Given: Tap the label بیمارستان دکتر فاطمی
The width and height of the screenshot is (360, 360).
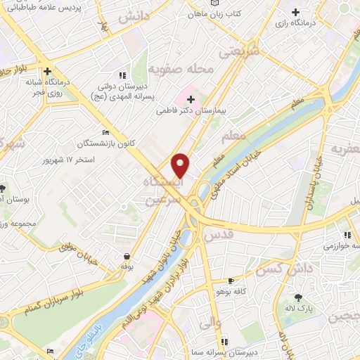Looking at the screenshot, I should tap(199, 111).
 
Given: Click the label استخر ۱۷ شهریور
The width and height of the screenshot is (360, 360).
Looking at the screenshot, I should tap(95, 160).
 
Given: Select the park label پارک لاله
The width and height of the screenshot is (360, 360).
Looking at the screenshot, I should tap(299, 308).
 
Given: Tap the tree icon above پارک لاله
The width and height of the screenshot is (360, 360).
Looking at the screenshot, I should tap(298, 297).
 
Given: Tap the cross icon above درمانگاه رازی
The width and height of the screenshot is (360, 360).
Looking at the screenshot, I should tap(295, 13).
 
